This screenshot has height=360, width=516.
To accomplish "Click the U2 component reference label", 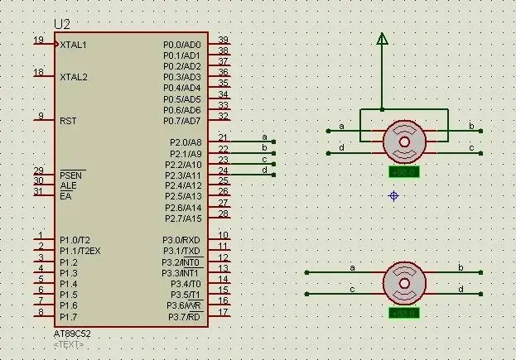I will (62, 24).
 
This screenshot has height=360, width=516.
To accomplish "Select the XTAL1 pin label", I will (73, 45).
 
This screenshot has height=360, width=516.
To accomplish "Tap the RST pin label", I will (68, 121).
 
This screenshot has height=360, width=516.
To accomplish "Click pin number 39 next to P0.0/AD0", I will (224, 40).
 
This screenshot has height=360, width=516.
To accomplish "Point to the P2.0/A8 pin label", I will (185, 143).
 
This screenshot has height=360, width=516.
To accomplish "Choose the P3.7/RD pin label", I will (184, 317).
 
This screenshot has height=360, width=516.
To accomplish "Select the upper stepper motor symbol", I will (404, 141).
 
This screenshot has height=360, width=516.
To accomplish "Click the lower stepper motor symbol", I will (404, 283).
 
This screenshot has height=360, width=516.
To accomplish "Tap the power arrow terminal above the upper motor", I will (382, 38).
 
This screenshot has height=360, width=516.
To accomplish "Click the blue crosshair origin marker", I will (393, 195).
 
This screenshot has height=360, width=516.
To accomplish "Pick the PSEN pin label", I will (72, 175).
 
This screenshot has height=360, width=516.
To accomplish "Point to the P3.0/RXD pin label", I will (181, 240).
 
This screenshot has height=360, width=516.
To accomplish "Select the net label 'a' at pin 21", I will (264, 137).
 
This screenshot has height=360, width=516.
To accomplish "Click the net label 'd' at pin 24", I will (264, 170).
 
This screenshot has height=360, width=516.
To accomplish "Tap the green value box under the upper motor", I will (404, 172).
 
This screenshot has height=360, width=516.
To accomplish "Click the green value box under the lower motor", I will (404, 314).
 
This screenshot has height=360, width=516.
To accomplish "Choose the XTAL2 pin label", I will (73, 77).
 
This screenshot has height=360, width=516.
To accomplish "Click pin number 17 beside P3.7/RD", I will (224, 312).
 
